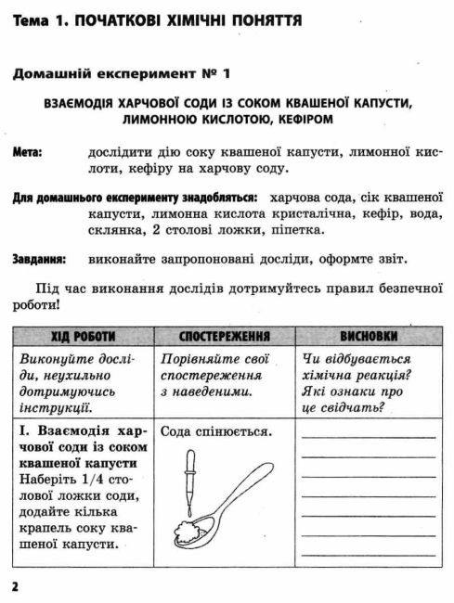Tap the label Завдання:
point(40,260)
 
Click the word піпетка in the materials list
point(294,230)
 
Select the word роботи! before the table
point(36,302)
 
